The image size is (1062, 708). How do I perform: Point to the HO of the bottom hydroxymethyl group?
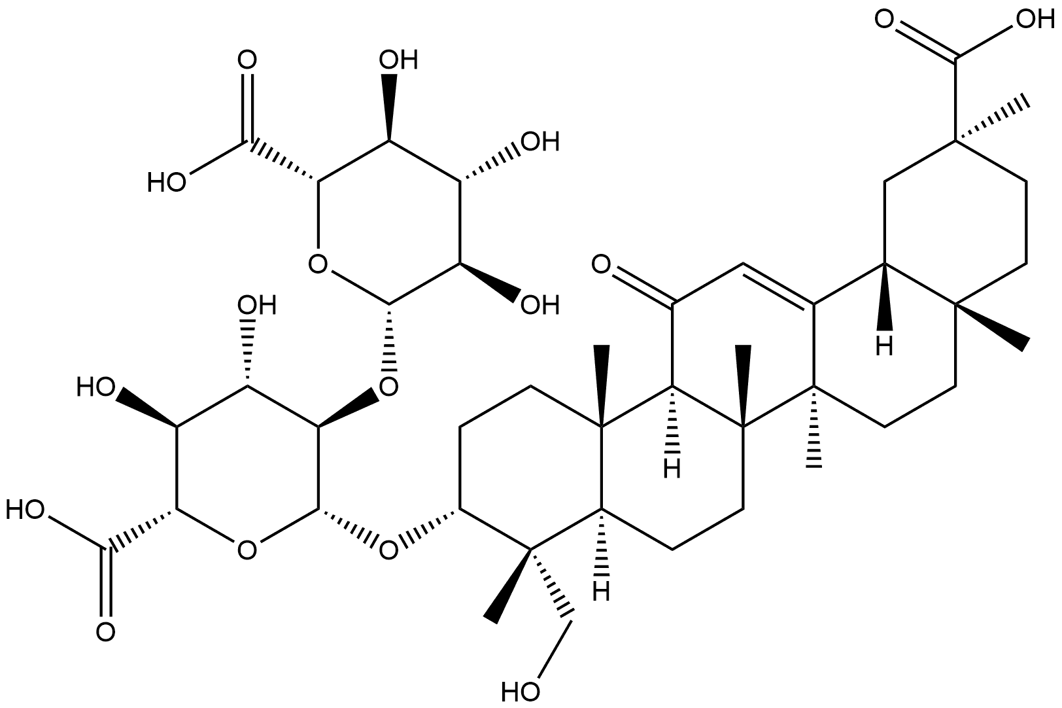pyautogui.click(x=520, y=692)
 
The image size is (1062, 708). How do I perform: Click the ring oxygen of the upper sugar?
pyautogui.click(x=318, y=264)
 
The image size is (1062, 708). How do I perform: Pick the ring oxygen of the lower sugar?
pyautogui.click(x=247, y=551)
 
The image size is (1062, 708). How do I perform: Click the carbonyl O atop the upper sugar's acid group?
pyautogui.click(x=247, y=60)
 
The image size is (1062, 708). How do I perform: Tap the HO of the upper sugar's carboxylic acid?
pyautogui.click(x=166, y=182)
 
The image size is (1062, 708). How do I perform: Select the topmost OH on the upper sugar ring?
pyautogui.click(x=399, y=60)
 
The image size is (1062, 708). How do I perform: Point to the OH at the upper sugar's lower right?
pyautogui.click(x=540, y=305)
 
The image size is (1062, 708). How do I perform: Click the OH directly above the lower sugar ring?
pyautogui.click(x=257, y=305)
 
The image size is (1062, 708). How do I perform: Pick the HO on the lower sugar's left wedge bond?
pyautogui.click(x=95, y=387)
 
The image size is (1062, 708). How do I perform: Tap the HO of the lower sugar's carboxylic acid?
pyautogui.click(x=25, y=510)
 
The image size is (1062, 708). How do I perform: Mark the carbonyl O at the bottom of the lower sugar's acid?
pyautogui.click(x=105, y=633)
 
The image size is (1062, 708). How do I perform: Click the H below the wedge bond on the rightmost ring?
pyautogui.click(x=884, y=347)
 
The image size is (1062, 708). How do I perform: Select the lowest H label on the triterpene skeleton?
pyautogui.click(x=601, y=592)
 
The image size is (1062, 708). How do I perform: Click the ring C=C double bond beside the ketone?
pyautogui.click(x=778, y=285)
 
